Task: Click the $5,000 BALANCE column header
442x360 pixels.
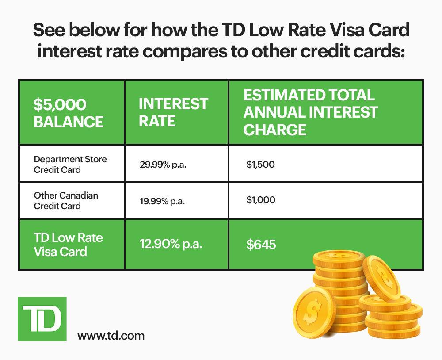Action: (69, 113)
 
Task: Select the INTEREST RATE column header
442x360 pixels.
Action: (173, 112)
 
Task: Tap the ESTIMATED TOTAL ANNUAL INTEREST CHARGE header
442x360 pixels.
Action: (310, 112)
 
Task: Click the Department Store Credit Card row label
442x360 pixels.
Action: (70, 164)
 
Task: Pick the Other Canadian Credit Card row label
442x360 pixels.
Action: (65, 200)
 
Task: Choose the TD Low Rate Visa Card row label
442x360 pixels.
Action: (68, 245)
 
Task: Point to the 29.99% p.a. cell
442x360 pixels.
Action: (162, 165)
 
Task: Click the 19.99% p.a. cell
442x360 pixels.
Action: (162, 201)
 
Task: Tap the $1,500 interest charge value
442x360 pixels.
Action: (260, 165)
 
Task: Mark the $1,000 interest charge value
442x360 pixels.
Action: (260, 200)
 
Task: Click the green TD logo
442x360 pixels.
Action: (42, 318)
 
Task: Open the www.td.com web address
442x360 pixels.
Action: (110, 336)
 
